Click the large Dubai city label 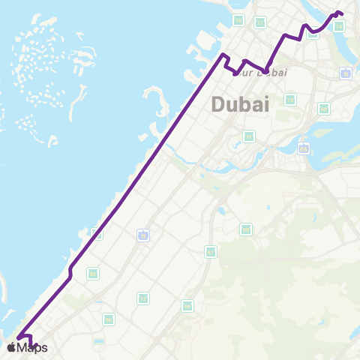tap(240, 104)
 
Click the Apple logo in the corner tap(11, 347)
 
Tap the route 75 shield tap(238, 20)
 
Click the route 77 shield tap(259, 22)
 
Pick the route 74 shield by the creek tap(338, 26)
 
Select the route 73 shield tap(290, 100)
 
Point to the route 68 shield tap(324, 109)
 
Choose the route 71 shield tap(249, 136)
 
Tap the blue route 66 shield tap(303, 148)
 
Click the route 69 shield tap(245, 229)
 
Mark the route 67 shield tap(211, 251)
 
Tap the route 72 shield tap(142, 298)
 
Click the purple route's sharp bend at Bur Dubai tap(265, 72)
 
